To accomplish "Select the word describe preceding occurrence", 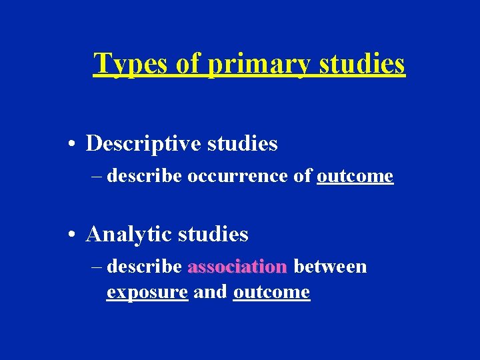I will (144, 176).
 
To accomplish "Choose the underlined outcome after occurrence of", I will (355, 176).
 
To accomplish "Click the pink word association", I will (237, 267).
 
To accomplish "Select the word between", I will (330, 267).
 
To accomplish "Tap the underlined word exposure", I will (147, 292).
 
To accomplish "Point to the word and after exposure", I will (210, 292).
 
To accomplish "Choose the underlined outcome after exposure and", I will (271, 292).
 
